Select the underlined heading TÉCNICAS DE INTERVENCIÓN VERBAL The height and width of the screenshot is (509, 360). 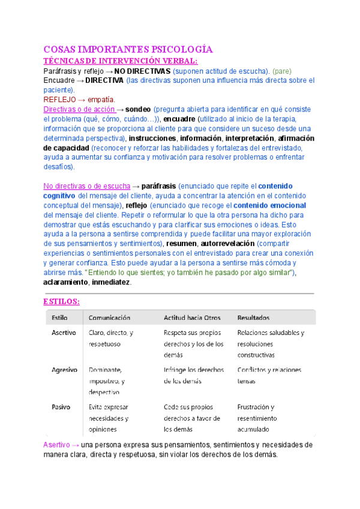[121, 61]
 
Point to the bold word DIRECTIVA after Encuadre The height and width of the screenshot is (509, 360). [104, 80]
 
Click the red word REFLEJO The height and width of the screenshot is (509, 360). [60, 99]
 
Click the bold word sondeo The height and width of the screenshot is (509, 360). [138, 109]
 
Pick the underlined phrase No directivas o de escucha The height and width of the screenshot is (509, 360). [86, 186]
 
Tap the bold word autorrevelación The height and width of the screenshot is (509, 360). [224, 244]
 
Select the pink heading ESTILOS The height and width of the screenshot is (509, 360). [62, 301]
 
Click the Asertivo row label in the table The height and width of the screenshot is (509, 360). [64, 333]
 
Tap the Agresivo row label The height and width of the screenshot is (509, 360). [64, 370]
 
